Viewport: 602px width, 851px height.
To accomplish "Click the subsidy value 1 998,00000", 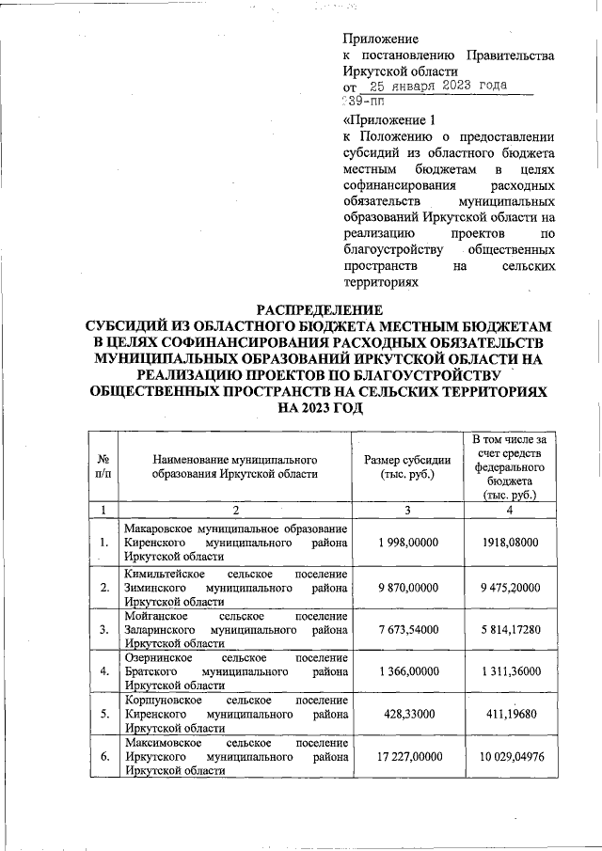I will (x=408, y=544).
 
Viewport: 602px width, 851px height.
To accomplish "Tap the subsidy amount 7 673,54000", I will (x=408, y=627).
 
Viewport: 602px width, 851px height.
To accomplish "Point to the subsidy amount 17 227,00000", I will (x=408, y=755).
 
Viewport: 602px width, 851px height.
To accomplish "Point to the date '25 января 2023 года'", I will (x=432, y=86).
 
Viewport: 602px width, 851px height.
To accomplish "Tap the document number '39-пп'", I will (x=357, y=100).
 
